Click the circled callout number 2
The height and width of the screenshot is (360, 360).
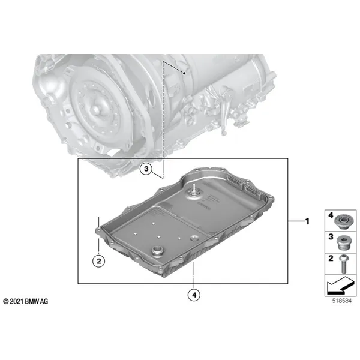[x=98, y=260]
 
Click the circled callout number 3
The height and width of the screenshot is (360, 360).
[x=146, y=170]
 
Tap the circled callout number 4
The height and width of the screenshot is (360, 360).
[x=194, y=295]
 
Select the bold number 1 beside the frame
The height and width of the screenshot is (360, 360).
[x=307, y=221]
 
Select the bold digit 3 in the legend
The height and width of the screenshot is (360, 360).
[x=329, y=237]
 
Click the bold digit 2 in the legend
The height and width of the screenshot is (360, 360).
[x=329, y=258]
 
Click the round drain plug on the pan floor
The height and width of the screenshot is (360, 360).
[x=160, y=251]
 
